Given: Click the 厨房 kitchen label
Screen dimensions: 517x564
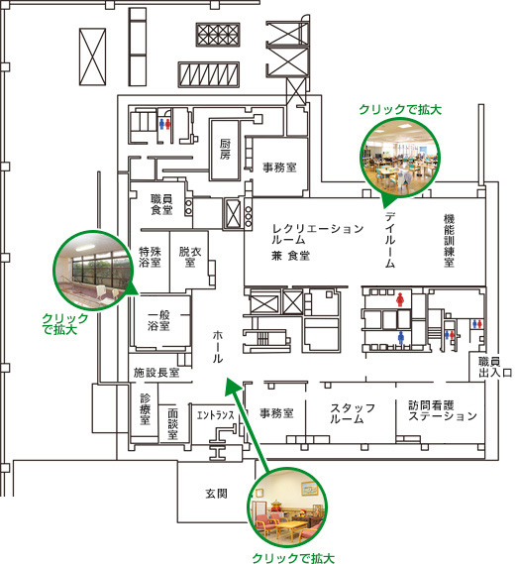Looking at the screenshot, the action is (x=225, y=150).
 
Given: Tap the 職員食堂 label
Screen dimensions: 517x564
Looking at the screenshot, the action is (x=161, y=204).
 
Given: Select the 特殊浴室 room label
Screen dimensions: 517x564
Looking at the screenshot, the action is (x=150, y=257).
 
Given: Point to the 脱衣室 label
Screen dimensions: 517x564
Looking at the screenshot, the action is (x=190, y=257).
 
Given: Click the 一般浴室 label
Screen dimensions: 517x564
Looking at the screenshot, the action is (x=158, y=320).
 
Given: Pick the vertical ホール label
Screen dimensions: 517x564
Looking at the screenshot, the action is (x=218, y=346).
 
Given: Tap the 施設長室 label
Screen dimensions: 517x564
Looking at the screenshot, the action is (x=156, y=373).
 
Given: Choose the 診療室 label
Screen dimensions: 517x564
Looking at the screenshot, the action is (x=145, y=409).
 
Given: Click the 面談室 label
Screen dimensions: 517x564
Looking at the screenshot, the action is (x=173, y=423).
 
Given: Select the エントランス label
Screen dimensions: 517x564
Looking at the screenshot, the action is (x=215, y=415).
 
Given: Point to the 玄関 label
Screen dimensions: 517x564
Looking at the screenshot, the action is (x=217, y=494).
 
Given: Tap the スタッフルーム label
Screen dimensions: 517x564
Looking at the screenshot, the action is (x=353, y=413).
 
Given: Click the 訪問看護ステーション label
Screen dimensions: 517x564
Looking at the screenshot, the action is (x=443, y=410).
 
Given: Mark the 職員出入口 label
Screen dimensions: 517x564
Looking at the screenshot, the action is (x=495, y=367).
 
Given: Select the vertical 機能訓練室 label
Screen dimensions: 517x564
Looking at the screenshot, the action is (x=449, y=241).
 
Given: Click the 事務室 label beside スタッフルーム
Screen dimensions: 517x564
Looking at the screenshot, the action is (x=276, y=413).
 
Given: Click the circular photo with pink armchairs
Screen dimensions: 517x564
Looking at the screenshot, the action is (x=287, y=507).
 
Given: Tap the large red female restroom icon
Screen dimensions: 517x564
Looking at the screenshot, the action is (x=400, y=299).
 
